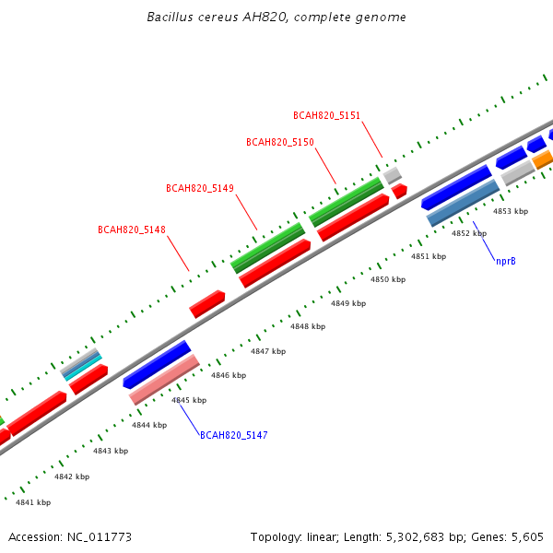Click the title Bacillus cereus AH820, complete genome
pyautogui.click(x=276, y=17)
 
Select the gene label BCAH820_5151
pyautogui.click(x=326, y=116)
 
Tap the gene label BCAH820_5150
pyautogui.click(x=280, y=142)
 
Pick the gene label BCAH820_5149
pyautogui.click(x=200, y=188)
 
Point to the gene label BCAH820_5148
pyautogui.click(x=132, y=229)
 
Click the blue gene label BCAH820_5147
pyautogui.click(x=234, y=435)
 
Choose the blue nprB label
pyautogui.click(x=506, y=262)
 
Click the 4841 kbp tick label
pyautogui.click(x=33, y=502)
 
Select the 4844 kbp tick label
pyautogui.click(x=149, y=425)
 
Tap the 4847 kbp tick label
pyautogui.click(x=268, y=351)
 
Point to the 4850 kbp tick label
pyautogui.click(x=388, y=279)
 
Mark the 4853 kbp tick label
pyautogui.click(x=511, y=211)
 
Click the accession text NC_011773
pyautogui.click(x=100, y=537)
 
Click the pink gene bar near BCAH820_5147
pyautogui.click(x=164, y=380)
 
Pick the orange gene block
pyautogui.click(x=543, y=159)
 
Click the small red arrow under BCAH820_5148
pyautogui.click(x=207, y=304)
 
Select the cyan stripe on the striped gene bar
pyautogui.click(x=83, y=369)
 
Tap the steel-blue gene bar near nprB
pyautogui.click(x=463, y=203)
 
